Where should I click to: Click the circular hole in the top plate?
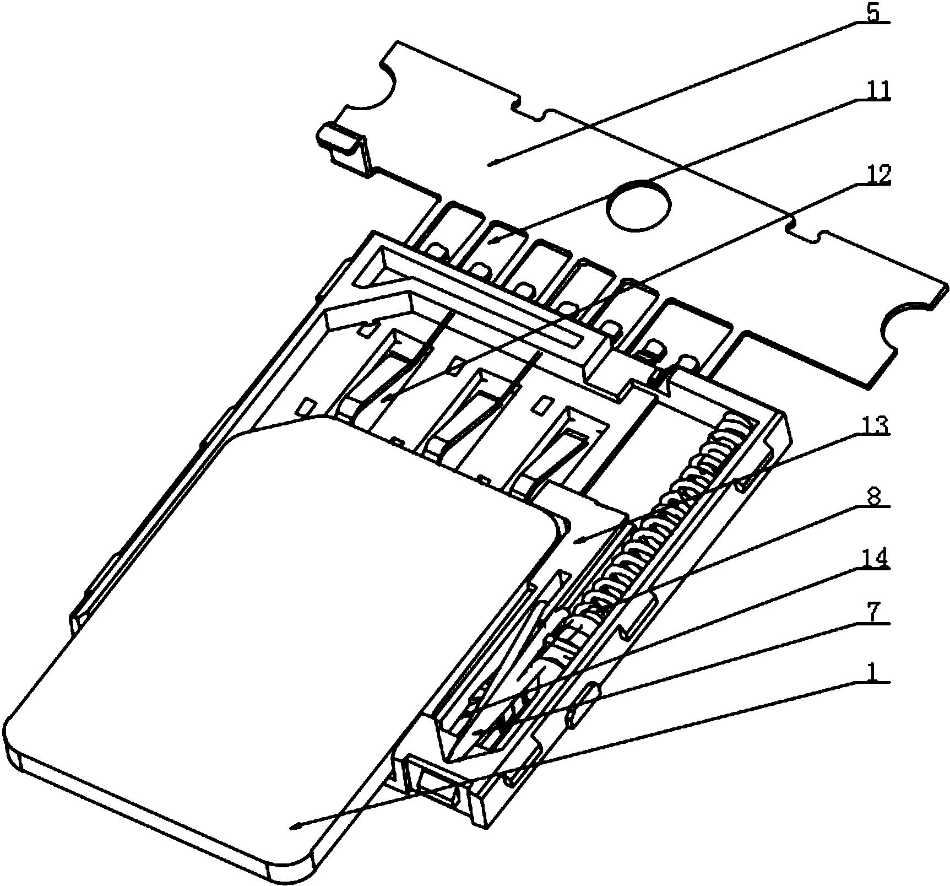[638, 205]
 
